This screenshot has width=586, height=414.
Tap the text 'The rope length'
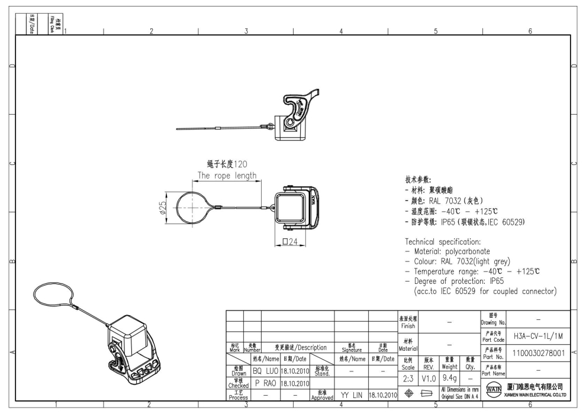click(227, 175)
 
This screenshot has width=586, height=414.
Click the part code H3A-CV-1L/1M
click(537, 335)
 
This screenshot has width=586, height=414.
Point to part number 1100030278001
click(537, 353)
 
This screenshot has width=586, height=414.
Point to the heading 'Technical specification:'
click(447, 242)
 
